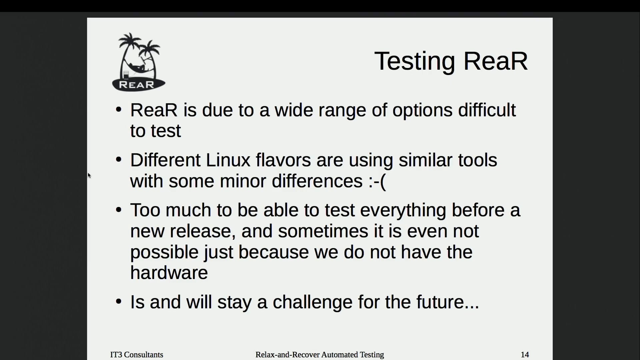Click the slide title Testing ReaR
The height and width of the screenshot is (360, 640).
[x=451, y=61]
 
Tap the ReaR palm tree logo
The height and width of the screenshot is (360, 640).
[x=138, y=62]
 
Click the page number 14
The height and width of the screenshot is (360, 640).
[x=525, y=355]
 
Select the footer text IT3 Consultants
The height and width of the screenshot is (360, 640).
[x=137, y=355]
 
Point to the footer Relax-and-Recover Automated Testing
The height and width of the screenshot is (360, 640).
[x=320, y=355]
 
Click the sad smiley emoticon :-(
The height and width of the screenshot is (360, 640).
[x=377, y=181]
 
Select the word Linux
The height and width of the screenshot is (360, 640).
[x=228, y=160]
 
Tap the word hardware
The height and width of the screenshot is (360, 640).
[x=169, y=273]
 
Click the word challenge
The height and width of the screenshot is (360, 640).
[x=313, y=302]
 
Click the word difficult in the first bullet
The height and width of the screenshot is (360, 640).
[x=487, y=110]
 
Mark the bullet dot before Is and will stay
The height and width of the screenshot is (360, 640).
[x=119, y=301]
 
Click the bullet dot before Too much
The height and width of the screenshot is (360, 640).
[x=119, y=210]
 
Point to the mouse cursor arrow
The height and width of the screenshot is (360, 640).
[x=89, y=175]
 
